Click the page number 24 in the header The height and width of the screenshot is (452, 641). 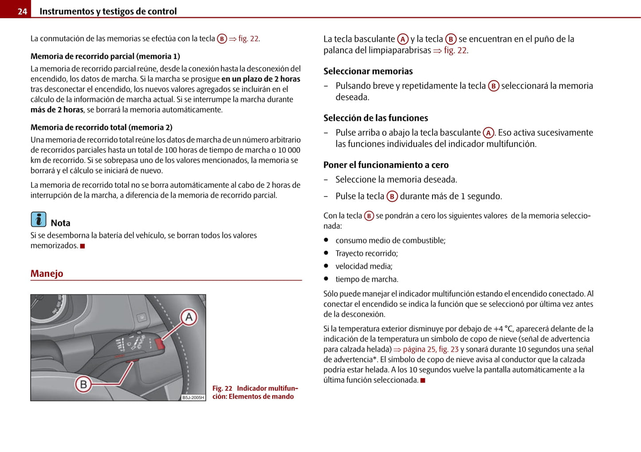click(22, 12)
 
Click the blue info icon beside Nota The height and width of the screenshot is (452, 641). click(39, 220)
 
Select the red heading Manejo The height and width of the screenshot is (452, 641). click(47, 273)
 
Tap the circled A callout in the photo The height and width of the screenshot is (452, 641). click(189, 317)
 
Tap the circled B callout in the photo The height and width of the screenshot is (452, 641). click(83, 384)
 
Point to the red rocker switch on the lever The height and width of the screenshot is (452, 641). click(159, 343)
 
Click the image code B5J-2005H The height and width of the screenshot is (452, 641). click(193, 397)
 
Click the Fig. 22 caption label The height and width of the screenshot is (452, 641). click(222, 388)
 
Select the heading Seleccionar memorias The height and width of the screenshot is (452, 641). click(368, 71)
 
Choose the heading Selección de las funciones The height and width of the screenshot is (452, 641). click(375, 118)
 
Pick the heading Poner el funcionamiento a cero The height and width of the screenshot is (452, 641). click(385, 165)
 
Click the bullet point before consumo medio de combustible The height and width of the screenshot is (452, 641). click(326, 240)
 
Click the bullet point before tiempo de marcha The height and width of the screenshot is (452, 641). click(326, 279)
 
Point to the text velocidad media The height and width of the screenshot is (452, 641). click(364, 266)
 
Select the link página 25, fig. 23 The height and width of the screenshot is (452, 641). click(430, 350)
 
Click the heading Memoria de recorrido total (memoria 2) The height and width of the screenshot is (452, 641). click(101, 127)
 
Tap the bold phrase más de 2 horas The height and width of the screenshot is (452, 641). click(57, 110)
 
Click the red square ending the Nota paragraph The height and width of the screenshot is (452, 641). click(83, 246)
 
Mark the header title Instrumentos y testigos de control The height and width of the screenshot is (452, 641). click(108, 12)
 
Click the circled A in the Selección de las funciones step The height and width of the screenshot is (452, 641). click(488, 133)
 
